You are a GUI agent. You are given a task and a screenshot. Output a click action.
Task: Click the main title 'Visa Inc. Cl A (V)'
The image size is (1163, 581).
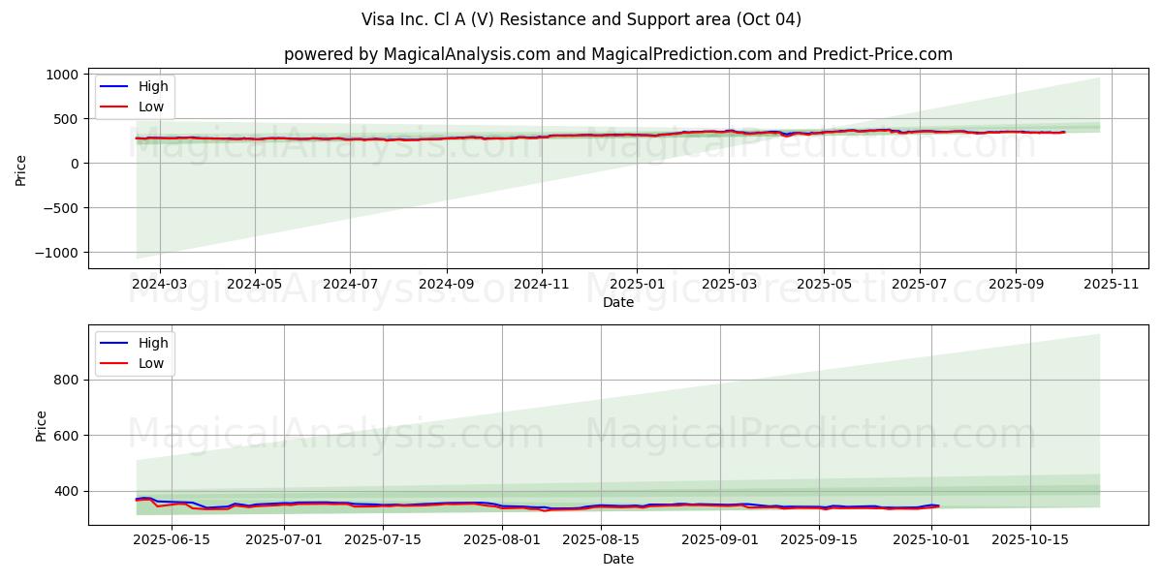581,19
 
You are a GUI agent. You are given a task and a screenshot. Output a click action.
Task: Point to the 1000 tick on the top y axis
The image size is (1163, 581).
62,75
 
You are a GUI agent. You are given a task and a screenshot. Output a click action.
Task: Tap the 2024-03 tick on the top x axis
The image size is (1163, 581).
159,285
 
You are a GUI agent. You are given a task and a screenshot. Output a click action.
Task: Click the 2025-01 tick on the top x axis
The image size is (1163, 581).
637,285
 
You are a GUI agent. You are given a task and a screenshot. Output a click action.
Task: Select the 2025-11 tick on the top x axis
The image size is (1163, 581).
1111,285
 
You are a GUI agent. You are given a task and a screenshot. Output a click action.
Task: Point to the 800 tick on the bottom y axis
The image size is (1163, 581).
66,380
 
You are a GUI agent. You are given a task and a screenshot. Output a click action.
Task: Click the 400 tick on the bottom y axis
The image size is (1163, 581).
66,491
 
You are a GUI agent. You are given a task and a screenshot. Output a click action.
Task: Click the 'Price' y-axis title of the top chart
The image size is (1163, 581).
21,169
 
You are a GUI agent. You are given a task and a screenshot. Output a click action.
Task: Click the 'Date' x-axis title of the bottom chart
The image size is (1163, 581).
618,559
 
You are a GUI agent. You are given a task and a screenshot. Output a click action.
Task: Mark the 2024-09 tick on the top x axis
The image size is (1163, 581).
447,285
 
